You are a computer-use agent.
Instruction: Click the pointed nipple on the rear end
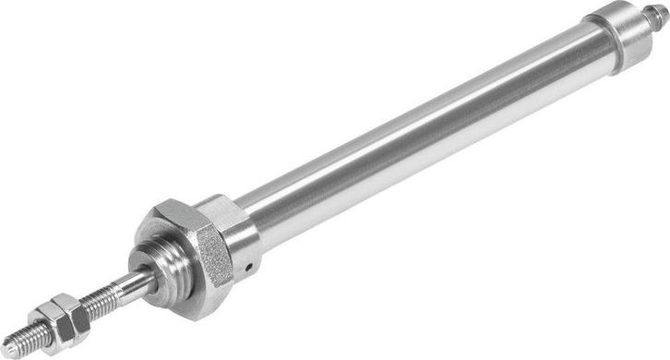tap(658, 15)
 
